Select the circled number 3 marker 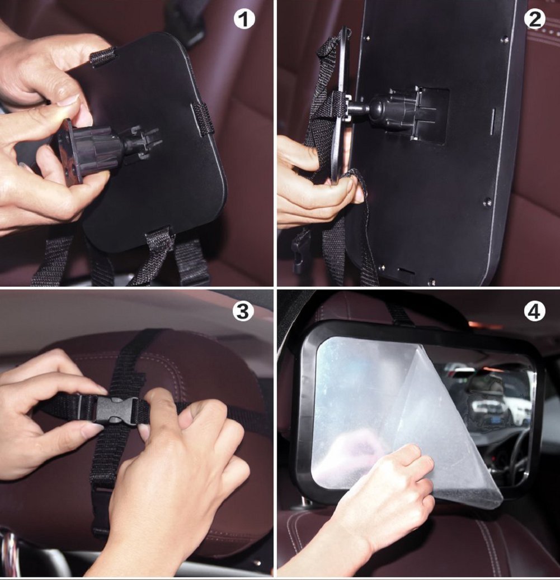[x=242, y=312]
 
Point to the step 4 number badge [x=534, y=312]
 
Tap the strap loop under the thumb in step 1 [x=103, y=56]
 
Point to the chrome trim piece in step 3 [x=8, y=553]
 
